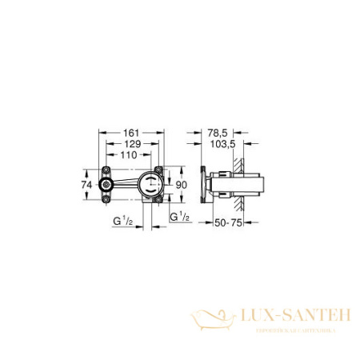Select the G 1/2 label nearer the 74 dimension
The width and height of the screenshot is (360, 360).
coord(122,218)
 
